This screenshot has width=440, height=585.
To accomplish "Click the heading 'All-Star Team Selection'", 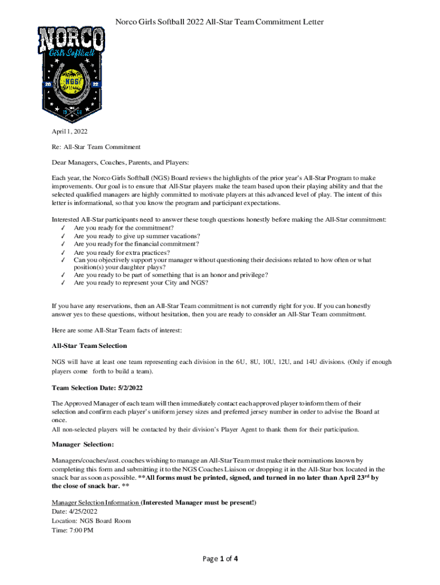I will click(x=89, y=346).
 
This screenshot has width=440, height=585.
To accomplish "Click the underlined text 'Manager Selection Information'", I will click(x=95, y=503).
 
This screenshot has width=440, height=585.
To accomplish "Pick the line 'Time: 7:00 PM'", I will click(x=73, y=530).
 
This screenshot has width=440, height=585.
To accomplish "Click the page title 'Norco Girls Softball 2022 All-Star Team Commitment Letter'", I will click(x=220, y=22).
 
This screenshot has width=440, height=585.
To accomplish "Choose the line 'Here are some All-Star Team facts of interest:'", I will click(x=117, y=330).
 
